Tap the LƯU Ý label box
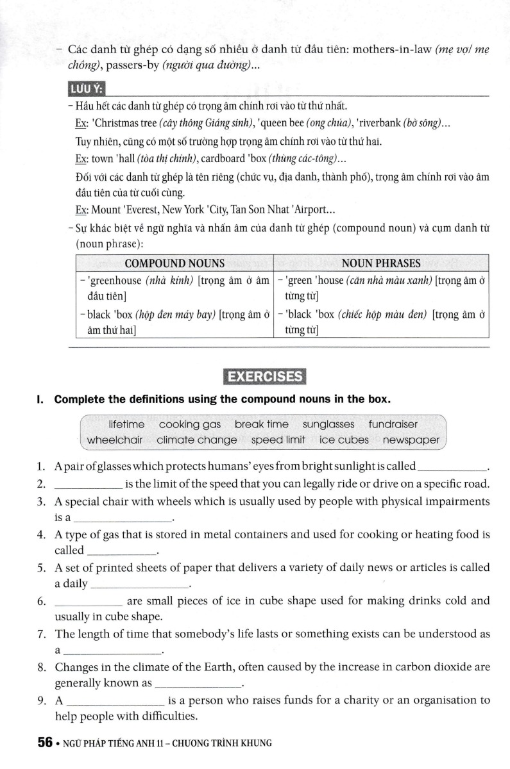click(87, 88)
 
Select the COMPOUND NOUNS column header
click(174, 263)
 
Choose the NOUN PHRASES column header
click(381, 263)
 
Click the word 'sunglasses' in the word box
click(328, 424)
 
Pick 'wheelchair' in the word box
click(115, 440)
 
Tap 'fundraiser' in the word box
click(393, 424)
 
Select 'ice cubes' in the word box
click(344, 440)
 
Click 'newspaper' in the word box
click(411, 440)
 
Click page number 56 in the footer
click(44, 743)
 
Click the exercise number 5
click(41, 568)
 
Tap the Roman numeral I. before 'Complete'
click(40, 399)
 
